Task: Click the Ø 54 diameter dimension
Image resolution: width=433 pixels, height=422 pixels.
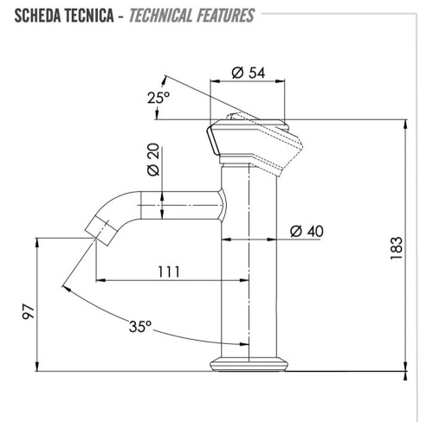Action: point(249,73)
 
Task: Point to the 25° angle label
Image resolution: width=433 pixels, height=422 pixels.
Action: point(158,97)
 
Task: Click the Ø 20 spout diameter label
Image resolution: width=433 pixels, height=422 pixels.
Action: point(152,161)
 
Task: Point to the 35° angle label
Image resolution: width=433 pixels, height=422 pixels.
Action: point(140,327)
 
